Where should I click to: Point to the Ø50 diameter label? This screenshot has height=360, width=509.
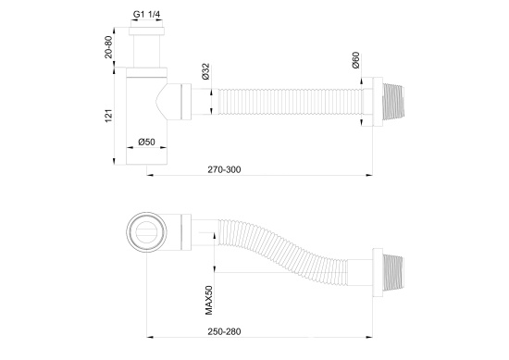click(x=146, y=142)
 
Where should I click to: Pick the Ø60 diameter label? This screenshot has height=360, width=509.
click(x=355, y=64)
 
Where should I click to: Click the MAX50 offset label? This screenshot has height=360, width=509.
click(x=210, y=296)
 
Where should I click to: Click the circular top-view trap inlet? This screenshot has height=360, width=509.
click(x=147, y=229)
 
